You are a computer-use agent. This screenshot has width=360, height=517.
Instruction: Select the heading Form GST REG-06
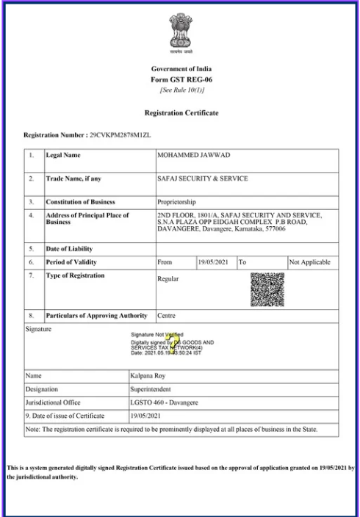[179, 80]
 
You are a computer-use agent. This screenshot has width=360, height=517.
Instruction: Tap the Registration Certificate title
[180, 113]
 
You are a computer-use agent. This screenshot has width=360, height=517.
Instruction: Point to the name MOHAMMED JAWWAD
[188, 156]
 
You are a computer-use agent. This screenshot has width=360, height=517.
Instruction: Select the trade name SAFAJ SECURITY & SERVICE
[202, 178]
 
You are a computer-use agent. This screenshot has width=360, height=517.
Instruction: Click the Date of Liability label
[71, 248]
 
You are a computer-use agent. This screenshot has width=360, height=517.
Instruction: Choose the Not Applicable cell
[311, 262]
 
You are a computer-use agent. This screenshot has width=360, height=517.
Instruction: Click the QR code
[267, 289]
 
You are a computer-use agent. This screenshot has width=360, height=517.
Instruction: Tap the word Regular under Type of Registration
[168, 279]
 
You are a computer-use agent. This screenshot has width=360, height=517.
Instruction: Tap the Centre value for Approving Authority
[166, 316]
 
